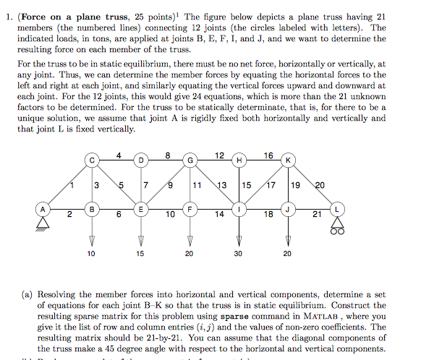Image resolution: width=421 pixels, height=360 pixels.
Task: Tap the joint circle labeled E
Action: (x=141, y=210)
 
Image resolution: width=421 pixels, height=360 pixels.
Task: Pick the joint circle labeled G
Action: (x=190, y=159)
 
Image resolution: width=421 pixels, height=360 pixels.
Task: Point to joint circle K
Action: (x=289, y=159)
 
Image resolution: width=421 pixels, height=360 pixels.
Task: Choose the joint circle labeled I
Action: (x=239, y=210)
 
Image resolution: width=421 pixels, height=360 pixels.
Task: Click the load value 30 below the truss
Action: (x=239, y=254)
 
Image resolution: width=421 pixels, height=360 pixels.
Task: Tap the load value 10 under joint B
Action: (x=91, y=254)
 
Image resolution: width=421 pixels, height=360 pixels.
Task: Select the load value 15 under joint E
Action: (x=141, y=254)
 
